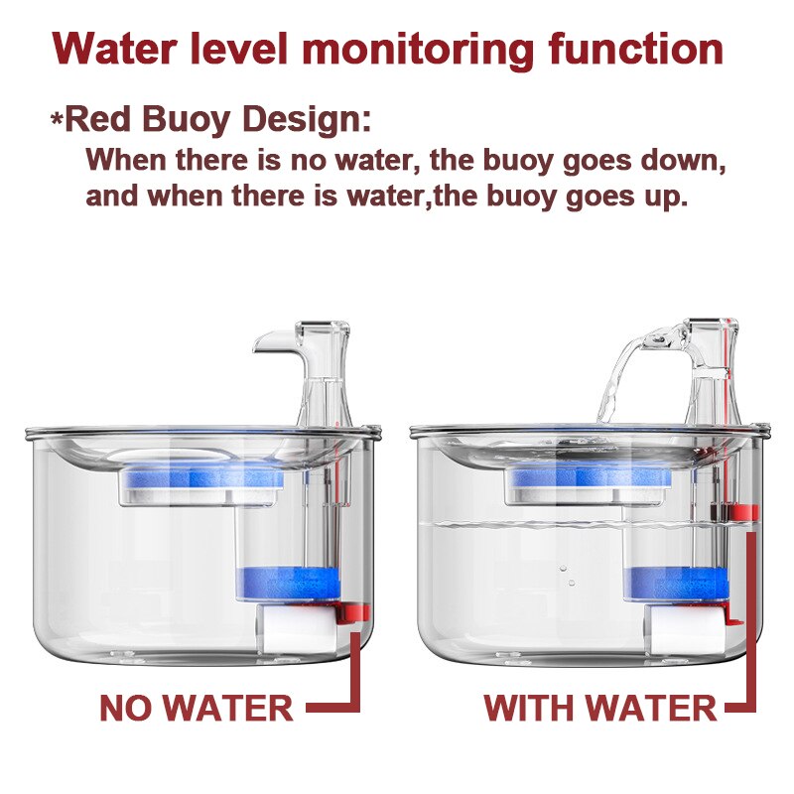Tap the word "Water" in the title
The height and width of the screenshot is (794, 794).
point(110,48)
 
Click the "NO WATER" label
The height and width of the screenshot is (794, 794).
point(196,709)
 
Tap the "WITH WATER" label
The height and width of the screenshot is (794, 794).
point(599,709)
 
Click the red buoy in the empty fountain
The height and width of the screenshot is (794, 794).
point(353,613)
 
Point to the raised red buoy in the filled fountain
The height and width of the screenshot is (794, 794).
point(743,513)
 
